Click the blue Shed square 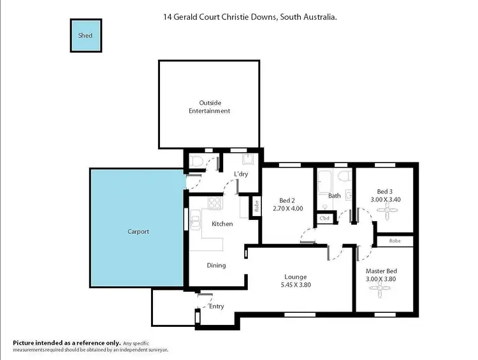point(85,36)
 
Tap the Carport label point(138,232)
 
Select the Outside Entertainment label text point(209,106)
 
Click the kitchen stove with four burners point(215,204)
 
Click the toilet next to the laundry point(197,162)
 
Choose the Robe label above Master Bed point(396,241)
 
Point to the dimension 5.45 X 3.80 point(296,285)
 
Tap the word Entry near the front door point(217,306)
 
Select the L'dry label point(240,174)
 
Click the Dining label point(216,265)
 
